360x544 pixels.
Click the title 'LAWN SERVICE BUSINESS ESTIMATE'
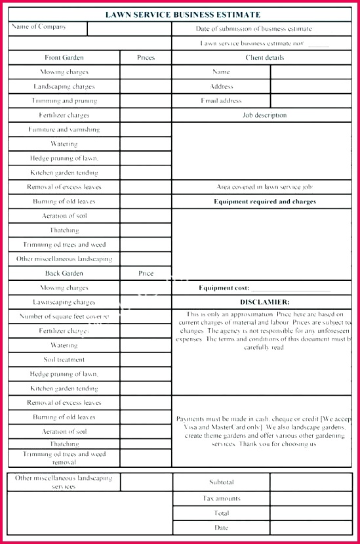[x=183, y=14]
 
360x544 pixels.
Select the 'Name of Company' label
[x=39, y=27]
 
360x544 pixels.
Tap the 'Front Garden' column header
[x=64, y=58]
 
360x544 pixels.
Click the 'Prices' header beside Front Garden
[x=146, y=58]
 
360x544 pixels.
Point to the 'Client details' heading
[x=264, y=58]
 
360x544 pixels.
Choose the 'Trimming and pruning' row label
[x=64, y=101]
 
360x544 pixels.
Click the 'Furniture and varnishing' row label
[x=64, y=130]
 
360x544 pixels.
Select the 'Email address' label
[x=221, y=101]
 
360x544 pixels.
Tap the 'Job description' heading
[x=264, y=115]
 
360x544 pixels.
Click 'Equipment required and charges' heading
[x=264, y=201]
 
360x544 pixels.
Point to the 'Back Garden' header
[x=64, y=274]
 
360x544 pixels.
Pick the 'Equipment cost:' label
[x=224, y=288]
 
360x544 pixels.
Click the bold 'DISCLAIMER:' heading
[x=264, y=302]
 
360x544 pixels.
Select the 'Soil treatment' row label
[x=64, y=360]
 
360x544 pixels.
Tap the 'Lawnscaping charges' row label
[x=64, y=303]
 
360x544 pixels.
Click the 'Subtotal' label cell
[x=221, y=482]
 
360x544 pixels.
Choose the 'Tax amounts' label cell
[x=221, y=499]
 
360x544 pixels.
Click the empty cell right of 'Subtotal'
[x=311, y=482]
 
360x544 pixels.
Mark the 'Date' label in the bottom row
[x=221, y=528]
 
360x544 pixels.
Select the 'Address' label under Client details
[x=221, y=87]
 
